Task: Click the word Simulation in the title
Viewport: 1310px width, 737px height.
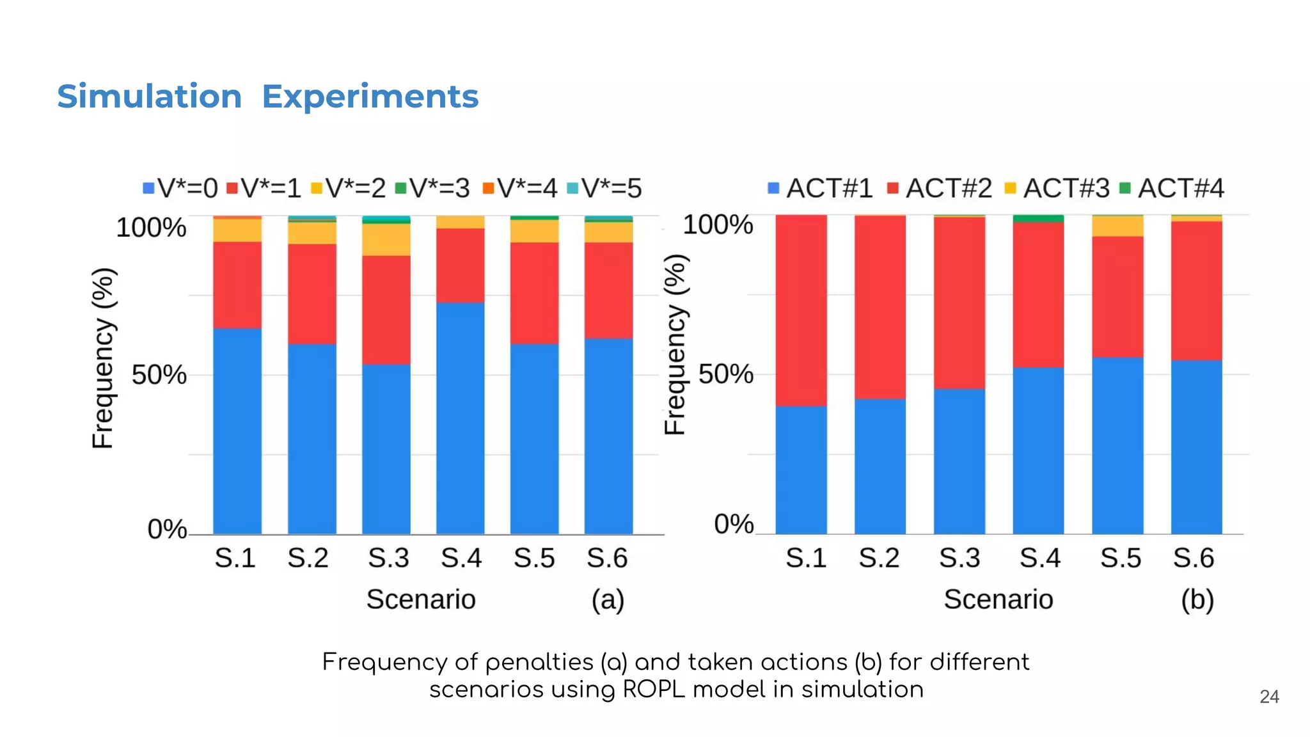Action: pyautogui.click(x=149, y=97)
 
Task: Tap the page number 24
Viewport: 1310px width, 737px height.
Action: pyautogui.click(x=1269, y=697)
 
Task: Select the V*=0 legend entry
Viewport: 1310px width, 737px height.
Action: pyautogui.click(x=180, y=188)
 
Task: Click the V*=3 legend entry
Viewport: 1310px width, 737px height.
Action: pyautogui.click(x=432, y=188)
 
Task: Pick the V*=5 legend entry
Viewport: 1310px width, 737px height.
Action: pyautogui.click(x=604, y=188)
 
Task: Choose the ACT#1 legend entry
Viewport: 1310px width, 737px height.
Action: pyautogui.click(x=821, y=188)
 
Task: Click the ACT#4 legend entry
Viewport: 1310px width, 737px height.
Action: pyautogui.click(x=1172, y=188)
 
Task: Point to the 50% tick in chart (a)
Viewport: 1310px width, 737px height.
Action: pyautogui.click(x=159, y=375)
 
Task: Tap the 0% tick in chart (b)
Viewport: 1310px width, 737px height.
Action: pyautogui.click(x=734, y=524)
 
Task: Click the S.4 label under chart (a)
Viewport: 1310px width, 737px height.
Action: pyautogui.click(x=461, y=558)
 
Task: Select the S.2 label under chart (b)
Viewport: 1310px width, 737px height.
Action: pyautogui.click(x=879, y=558)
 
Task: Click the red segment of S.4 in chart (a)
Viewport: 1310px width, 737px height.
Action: pyautogui.click(x=461, y=265)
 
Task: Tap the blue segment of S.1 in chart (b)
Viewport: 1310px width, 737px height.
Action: pyautogui.click(x=801, y=470)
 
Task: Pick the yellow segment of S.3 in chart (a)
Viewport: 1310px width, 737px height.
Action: pyautogui.click(x=386, y=239)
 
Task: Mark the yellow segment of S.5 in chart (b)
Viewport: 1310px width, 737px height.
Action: pyautogui.click(x=1117, y=226)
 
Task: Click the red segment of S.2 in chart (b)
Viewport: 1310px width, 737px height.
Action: pyautogui.click(x=880, y=307)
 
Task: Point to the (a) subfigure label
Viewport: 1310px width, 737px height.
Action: pyautogui.click(x=607, y=600)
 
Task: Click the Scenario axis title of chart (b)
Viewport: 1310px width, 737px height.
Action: pyautogui.click(x=998, y=600)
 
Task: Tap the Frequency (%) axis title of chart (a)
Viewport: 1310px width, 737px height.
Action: pyautogui.click(x=103, y=358)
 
